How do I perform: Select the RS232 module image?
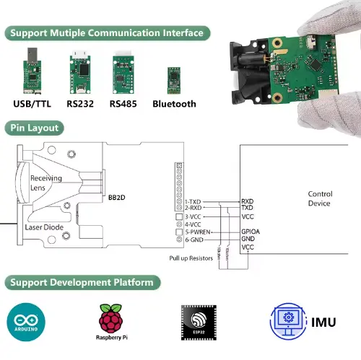81,74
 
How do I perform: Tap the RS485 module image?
123,74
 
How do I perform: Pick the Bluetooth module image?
173,78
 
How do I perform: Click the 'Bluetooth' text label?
174,104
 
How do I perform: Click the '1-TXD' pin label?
193,201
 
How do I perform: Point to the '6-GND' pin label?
193,240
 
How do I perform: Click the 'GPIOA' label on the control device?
250,232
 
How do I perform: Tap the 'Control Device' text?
319,198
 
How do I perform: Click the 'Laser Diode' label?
45,227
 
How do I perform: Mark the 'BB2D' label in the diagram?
117,196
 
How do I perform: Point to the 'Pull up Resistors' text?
191,258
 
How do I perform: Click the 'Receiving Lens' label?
45,183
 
